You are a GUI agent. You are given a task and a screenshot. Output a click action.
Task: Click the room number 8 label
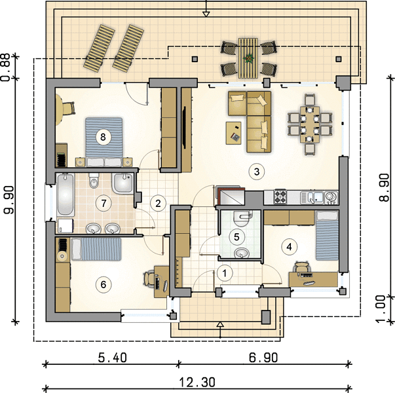[x=103, y=138]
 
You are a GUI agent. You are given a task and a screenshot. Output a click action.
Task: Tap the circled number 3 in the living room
[x=256, y=172]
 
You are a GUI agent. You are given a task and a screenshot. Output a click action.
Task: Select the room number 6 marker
[x=103, y=285]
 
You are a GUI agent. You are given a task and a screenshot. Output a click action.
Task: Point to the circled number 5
[x=236, y=237]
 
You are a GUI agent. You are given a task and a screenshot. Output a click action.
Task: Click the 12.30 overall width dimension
[x=197, y=382]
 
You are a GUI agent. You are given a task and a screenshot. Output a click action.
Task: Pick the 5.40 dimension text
[x=113, y=358]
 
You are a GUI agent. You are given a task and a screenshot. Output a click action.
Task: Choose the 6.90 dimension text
[x=263, y=358]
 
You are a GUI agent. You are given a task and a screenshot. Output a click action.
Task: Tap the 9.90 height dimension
[x=9, y=200]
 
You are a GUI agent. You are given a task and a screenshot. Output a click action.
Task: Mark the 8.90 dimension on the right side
[x=384, y=187]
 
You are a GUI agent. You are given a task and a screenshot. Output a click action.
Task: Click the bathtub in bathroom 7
[x=66, y=195]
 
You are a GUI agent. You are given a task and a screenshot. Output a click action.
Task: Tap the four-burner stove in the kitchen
[x=280, y=196]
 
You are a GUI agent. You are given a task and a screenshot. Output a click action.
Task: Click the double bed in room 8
[x=103, y=142]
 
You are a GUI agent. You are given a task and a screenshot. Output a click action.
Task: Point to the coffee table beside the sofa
[x=233, y=133]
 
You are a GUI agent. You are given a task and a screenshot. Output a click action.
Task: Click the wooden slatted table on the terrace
[x=248, y=58]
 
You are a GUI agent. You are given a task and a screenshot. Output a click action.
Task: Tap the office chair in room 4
[x=301, y=267]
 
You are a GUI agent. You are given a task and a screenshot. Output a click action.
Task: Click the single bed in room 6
[x=96, y=249]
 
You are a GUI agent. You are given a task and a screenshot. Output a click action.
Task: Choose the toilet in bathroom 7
[x=94, y=181]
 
